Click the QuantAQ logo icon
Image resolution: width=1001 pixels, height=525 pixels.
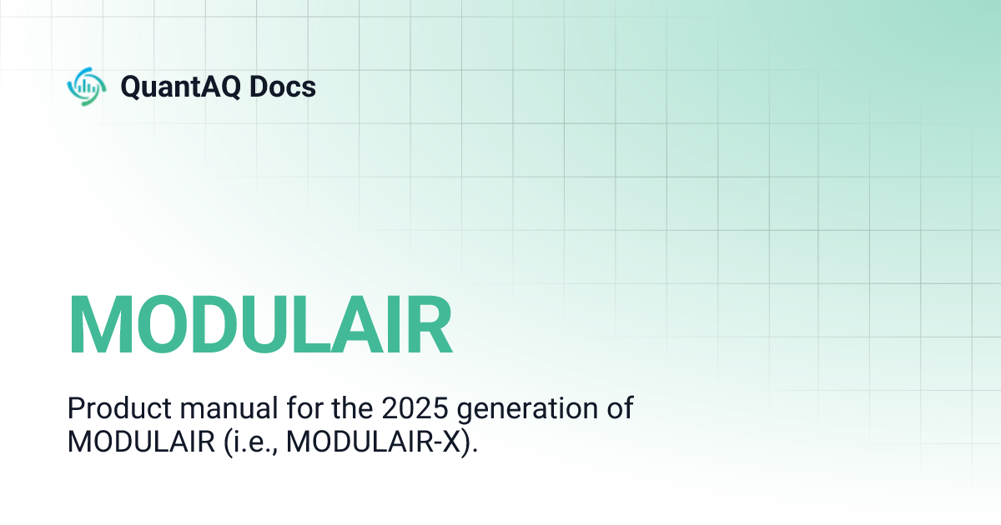86,87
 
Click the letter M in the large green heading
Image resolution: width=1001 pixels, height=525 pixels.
98,324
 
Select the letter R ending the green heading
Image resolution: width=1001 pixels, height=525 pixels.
428,324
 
